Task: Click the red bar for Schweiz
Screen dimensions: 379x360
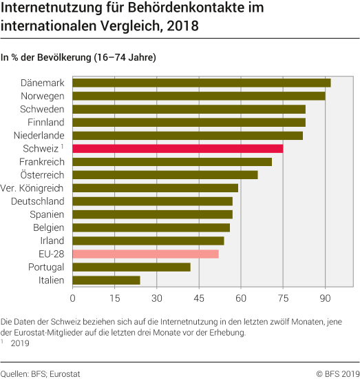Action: (x=178, y=148)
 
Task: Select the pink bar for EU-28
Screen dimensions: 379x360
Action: (x=145, y=254)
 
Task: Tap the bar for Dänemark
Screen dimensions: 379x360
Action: (x=201, y=83)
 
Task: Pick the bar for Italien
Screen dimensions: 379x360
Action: (x=106, y=280)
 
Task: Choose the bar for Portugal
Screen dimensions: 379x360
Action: (x=131, y=267)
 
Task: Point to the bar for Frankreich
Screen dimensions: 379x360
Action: (x=172, y=162)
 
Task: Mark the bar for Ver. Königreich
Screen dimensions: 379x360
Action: (x=155, y=188)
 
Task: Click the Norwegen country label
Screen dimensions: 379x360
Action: (x=43, y=96)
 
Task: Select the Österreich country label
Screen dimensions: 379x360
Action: (x=42, y=175)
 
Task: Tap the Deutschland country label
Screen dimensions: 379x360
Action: (x=38, y=201)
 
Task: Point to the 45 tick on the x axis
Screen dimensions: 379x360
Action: (x=198, y=298)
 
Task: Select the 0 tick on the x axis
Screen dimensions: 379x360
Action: (x=72, y=298)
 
